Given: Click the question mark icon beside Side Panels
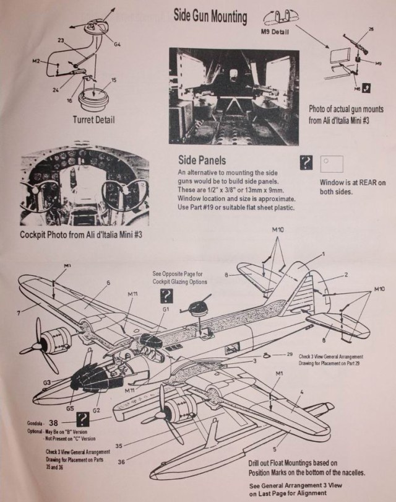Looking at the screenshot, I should tap(304, 163).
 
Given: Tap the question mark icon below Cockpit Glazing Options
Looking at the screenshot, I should tap(166, 296).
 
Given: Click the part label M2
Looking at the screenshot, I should tap(36, 61).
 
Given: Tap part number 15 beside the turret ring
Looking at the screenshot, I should tap(114, 81).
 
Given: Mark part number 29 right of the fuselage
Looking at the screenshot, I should tap(290, 353).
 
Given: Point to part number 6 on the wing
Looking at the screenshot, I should tap(108, 282).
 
